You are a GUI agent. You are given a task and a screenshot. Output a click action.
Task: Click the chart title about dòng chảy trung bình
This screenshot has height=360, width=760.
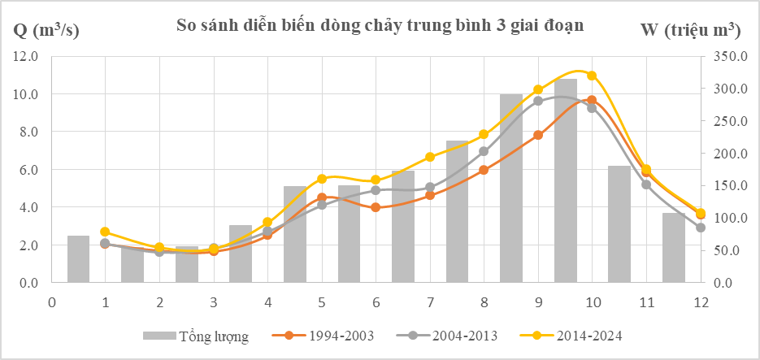(380, 25)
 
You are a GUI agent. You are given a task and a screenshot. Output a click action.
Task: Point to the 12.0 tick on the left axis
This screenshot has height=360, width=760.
(25, 57)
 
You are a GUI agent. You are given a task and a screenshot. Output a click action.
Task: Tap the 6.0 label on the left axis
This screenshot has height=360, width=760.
(25, 170)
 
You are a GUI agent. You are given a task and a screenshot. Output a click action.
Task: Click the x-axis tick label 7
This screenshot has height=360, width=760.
(430, 302)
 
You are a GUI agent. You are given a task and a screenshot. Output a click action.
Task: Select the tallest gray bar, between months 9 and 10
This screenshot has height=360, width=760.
(566, 180)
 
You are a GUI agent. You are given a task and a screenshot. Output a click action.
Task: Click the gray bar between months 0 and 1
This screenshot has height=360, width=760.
(78, 259)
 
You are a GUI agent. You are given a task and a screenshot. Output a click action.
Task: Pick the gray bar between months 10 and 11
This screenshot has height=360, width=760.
(619, 224)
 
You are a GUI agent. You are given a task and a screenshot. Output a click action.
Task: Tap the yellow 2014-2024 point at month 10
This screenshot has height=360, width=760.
(592, 76)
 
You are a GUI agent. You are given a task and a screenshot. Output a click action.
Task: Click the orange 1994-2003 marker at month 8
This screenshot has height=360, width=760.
(484, 170)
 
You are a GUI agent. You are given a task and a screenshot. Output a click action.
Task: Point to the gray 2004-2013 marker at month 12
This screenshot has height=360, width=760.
(700, 228)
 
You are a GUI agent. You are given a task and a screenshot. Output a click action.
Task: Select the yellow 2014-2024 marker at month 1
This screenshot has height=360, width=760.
(105, 232)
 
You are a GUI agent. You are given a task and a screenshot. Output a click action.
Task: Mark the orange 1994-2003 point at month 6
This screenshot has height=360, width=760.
(376, 207)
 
